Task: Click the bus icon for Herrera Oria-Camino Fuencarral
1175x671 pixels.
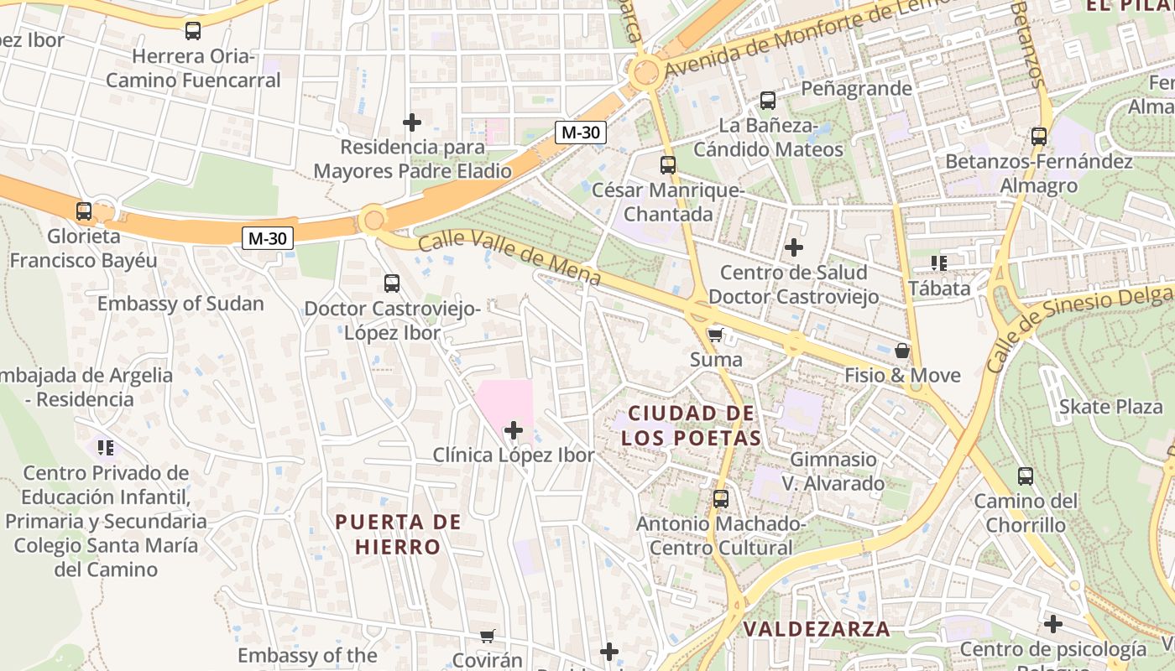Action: click(x=193, y=31)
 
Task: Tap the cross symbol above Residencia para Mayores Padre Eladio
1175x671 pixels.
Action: click(x=412, y=122)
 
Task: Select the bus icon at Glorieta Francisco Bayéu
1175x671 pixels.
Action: click(x=84, y=211)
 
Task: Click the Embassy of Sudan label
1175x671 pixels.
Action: click(x=180, y=304)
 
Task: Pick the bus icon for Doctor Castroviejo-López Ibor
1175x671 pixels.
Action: click(x=392, y=283)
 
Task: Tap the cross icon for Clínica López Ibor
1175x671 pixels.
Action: click(x=513, y=430)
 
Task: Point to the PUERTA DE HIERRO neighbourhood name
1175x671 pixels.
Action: click(x=398, y=534)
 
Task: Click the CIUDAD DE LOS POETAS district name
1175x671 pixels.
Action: click(x=691, y=425)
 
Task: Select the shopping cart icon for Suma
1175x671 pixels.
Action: click(x=715, y=335)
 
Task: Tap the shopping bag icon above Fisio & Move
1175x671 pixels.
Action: click(x=902, y=351)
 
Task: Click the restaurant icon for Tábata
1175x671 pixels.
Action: click(x=939, y=263)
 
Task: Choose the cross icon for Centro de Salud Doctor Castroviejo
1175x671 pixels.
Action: click(x=793, y=247)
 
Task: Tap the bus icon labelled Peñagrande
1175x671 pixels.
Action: click(x=767, y=101)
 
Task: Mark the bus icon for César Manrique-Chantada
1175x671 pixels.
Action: click(x=668, y=165)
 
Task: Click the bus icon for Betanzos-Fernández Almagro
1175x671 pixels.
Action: click(x=1039, y=136)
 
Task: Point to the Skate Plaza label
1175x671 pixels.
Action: click(x=1111, y=407)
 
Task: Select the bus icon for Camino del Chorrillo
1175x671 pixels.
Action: click(x=1025, y=476)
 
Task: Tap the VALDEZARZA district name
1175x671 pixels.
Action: click(x=817, y=628)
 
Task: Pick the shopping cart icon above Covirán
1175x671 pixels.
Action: click(x=487, y=637)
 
